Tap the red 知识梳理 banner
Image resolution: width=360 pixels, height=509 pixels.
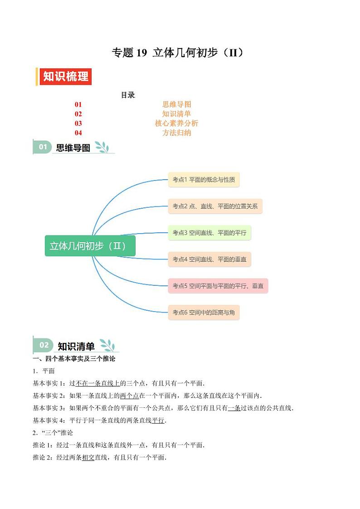[x=65, y=77]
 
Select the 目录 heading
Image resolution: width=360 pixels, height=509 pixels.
[x=127, y=95]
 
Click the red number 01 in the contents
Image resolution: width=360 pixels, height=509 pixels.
[x=78, y=105]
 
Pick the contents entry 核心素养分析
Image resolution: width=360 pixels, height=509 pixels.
[x=176, y=123]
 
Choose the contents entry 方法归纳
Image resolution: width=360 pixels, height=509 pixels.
[x=176, y=133]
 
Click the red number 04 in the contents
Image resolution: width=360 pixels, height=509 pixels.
[x=78, y=133]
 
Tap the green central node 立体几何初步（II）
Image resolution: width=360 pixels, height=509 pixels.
[x=90, y=246]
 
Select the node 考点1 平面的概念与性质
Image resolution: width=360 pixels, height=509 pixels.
[x=204, y=180]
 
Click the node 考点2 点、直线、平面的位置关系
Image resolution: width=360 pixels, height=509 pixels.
[x=215, y=206]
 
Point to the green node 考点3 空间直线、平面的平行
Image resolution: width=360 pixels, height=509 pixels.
[x=209, y=233]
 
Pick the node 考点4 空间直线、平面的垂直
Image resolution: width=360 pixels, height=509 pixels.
[x=209, y=259]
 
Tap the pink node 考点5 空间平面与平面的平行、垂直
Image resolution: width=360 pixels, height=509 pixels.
[x=218, y=286]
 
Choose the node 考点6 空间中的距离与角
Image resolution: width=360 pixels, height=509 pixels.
[x=204, y=313]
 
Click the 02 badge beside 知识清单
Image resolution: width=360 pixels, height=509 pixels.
[x=44, y=345]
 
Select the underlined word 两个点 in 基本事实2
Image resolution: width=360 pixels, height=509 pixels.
[x=129, y=396]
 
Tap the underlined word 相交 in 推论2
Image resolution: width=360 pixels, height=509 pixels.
[x=88, y=457]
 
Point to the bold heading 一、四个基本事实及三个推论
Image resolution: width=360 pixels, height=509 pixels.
[x=74, y=359]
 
